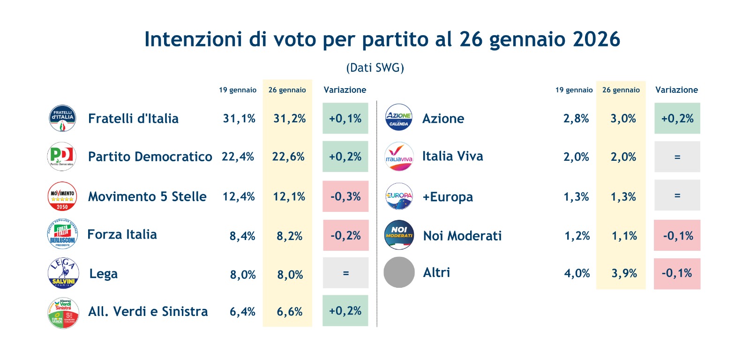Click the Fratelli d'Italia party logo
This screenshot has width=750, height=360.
point(62,118)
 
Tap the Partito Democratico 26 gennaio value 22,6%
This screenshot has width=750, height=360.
point(288,157)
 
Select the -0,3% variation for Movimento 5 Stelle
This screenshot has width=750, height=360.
point(345,196)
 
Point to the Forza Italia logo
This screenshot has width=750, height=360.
point(62,234)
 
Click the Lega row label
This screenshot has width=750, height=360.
point(104,274)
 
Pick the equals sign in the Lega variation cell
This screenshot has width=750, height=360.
point(346,273)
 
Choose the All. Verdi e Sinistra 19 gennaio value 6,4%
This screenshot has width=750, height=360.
point(242,312)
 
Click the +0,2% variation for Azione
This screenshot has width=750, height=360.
point(677,119)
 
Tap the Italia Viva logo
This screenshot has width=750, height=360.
point(399,157)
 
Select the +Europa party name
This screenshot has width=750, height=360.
point(448,197)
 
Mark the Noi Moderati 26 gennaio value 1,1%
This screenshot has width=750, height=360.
point(624,236)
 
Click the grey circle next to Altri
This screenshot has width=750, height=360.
point(399,272)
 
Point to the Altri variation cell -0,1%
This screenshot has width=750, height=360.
point(677,273)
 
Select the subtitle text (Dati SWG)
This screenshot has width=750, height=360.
point(375,68)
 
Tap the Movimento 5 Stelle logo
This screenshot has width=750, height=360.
point(62,196)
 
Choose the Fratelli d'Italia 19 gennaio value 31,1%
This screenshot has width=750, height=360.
point(239,119)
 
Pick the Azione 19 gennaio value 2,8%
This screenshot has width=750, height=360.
point(576,119)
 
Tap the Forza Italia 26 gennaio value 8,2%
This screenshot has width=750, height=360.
point(289,236)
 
